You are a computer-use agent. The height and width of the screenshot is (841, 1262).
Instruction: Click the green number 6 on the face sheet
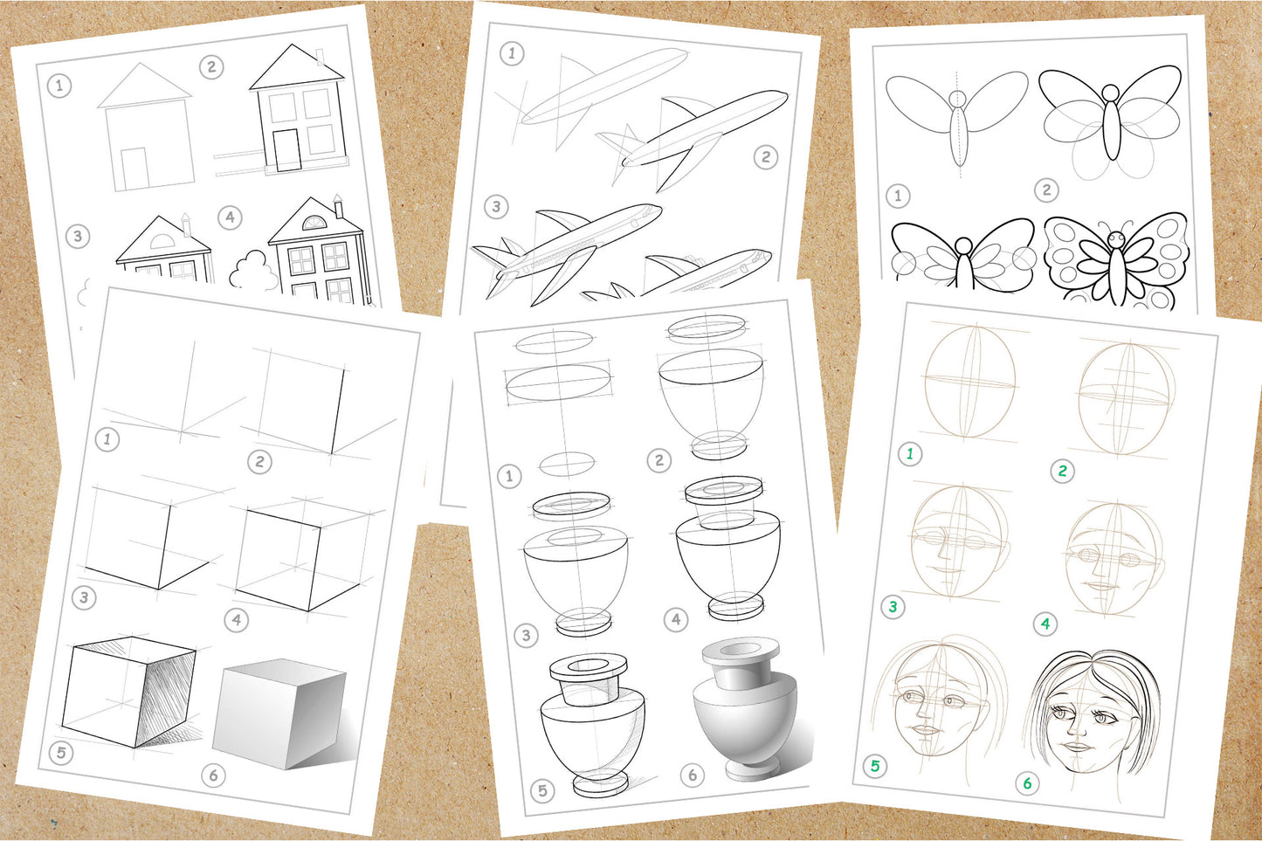tap(1027, 783)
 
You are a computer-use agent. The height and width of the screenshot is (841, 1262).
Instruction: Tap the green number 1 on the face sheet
tap(910, 453)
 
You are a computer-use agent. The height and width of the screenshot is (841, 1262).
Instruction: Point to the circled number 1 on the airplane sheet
tap(512, 53)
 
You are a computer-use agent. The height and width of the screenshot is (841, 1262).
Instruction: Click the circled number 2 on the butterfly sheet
tap(1046, 190)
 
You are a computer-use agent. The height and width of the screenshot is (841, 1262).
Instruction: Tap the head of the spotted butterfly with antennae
tap(1116, 238)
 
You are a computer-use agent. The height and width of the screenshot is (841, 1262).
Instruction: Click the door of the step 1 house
tap(134, 169)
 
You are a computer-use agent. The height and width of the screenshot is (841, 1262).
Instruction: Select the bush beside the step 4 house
tap(253, 272)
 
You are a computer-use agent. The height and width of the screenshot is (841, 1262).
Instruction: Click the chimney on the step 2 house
tap(320, 58)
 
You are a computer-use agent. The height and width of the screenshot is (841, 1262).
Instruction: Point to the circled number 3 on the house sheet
tap(78, 236)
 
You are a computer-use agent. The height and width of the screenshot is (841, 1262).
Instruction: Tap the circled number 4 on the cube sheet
tap(236, 620)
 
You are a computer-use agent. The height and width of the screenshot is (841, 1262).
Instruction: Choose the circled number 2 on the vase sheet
tap(659, 460)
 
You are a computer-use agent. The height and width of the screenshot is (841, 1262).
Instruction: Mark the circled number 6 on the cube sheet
tap(213, 775)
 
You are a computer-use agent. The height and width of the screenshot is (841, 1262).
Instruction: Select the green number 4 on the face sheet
tap(1045, 624)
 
